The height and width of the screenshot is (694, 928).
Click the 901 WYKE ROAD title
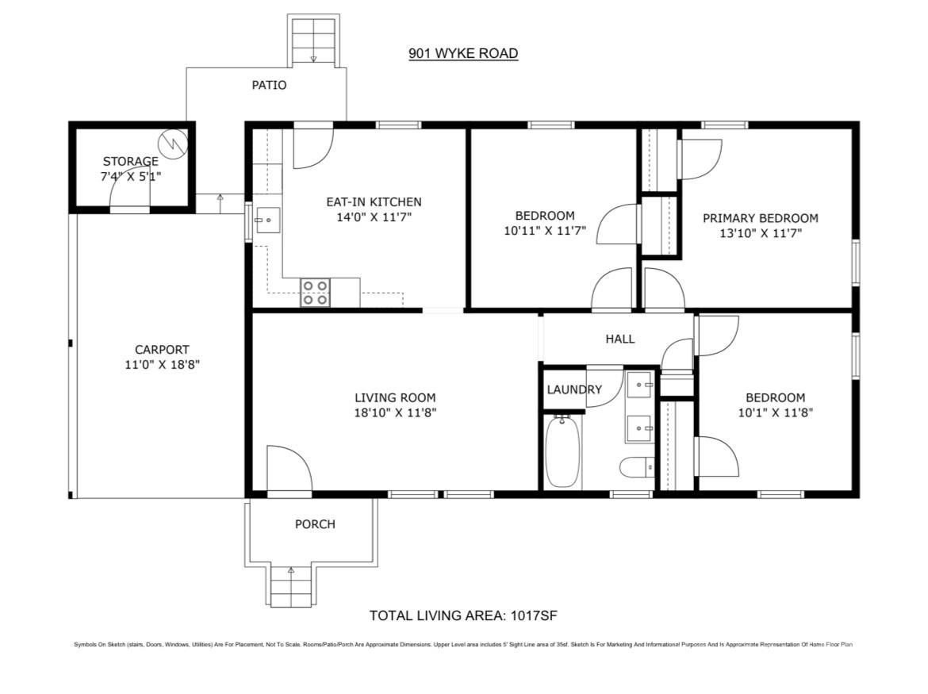click(x=463, y=54)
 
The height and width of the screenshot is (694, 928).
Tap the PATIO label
click(x=269, y=85)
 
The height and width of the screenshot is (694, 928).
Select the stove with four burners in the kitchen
click(x=315, y=293)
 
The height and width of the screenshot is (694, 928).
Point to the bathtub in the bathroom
click(x=562, y=451)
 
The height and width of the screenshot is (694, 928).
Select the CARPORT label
click(x=162, y=350)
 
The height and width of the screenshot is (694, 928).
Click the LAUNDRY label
click(x=574, y=389)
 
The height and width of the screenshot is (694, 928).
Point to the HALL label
click(x=620, y=339)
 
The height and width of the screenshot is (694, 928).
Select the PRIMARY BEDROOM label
click(x=760, y=218)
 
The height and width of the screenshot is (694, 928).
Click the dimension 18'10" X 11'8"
click(x=395, y=412)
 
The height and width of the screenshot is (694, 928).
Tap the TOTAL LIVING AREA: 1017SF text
click(x=466, y=615)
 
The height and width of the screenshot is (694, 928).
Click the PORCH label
click(x=315, y=524)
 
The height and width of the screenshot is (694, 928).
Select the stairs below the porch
click(x=290, y=589)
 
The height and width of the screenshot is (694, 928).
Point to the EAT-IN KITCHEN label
click(x=374, y=201)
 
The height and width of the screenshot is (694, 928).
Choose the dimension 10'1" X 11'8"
click(x=775, y=412)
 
